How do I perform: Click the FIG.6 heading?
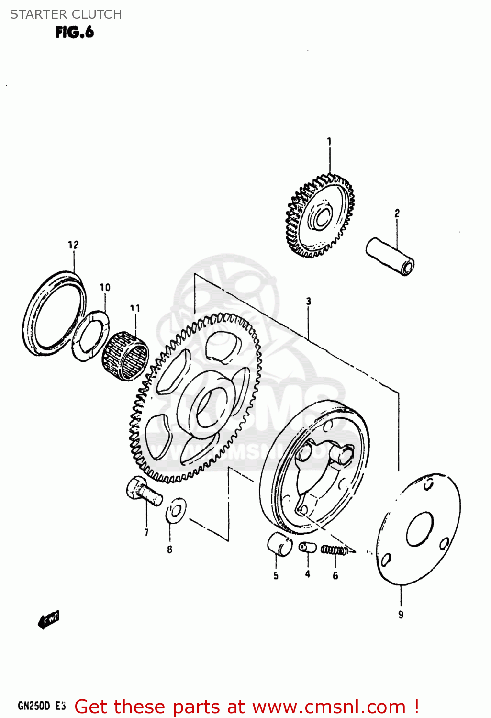[74, 33]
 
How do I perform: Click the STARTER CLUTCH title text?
[66, 14]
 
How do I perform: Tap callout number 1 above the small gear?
[329, 142]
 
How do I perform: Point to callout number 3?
[308, 301]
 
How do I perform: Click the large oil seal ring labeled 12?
[54, 314]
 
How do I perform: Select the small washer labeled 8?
[176, 511]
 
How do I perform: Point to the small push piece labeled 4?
[307, 547]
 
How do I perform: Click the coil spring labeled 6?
[334, 550]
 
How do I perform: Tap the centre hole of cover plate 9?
[420, 529]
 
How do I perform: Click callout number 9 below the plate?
[401, 615]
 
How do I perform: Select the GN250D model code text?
[34, 706]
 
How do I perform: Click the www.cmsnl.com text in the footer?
[329, 707]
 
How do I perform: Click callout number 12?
[73, 245]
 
